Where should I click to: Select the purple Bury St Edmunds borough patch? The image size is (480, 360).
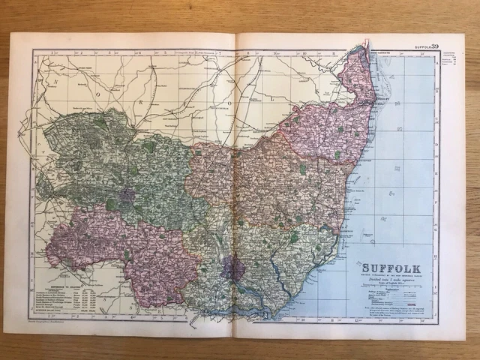(x=125, y=196)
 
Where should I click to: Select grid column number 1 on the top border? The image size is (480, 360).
(x=51, y=52)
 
